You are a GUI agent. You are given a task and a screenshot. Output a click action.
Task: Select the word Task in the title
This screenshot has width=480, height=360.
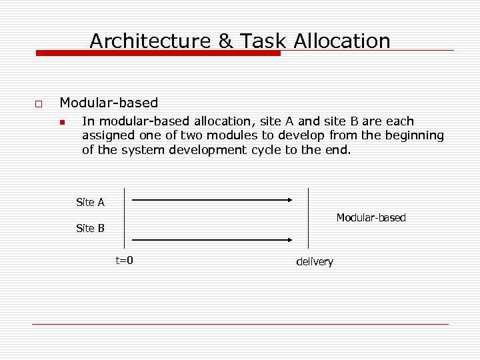pos(261,41)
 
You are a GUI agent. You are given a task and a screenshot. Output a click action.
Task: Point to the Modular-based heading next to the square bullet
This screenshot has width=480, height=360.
pos(109,103)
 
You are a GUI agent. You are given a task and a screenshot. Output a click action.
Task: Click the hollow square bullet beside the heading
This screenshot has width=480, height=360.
pos(38,104)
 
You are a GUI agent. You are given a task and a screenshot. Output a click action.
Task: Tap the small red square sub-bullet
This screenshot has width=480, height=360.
pos(61,122)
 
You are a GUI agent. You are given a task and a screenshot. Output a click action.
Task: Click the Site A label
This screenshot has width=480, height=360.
pos(90,202)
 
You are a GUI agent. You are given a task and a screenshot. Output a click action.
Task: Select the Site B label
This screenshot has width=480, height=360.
pos(90,228)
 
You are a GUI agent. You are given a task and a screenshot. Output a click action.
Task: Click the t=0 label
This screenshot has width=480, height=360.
pos(125,260)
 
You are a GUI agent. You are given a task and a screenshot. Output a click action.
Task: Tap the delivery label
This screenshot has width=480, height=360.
pos(314,261)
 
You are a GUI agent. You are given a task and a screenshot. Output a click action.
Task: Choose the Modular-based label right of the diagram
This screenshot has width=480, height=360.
pos(371,218)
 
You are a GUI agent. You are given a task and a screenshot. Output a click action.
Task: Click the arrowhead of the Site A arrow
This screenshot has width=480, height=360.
pos(289,199)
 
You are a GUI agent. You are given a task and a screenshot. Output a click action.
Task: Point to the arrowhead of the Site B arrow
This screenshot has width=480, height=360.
pos(289,239)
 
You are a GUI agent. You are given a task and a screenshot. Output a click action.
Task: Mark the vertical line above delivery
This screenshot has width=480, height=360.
pos(308,217)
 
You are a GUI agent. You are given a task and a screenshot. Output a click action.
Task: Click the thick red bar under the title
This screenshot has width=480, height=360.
pos(158,53)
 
